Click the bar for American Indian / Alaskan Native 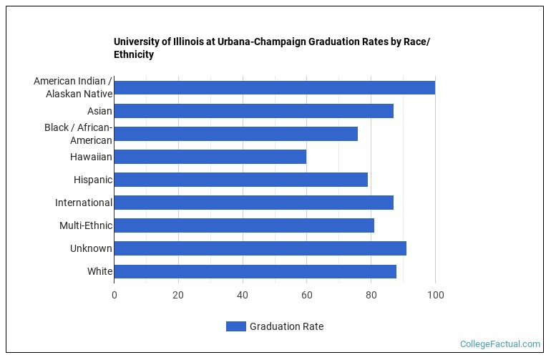[274, 88]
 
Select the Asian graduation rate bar [253, 111]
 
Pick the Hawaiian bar [210, 157]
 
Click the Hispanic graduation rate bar [240, 180]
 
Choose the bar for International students [253, 203]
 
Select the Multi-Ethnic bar [243, 225]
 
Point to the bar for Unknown [260, 248]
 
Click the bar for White [255, 271]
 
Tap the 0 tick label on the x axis [114, 295]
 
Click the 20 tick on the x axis [178, 295]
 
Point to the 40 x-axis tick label [243, 295]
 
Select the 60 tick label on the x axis [307, 295]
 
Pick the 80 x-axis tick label [371, 295]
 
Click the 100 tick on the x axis [435, 295]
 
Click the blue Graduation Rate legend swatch [235, 326]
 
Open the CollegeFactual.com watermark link [499, 344]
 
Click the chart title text [271, 48]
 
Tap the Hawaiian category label [91, 157]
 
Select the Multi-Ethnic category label [86, 225]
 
